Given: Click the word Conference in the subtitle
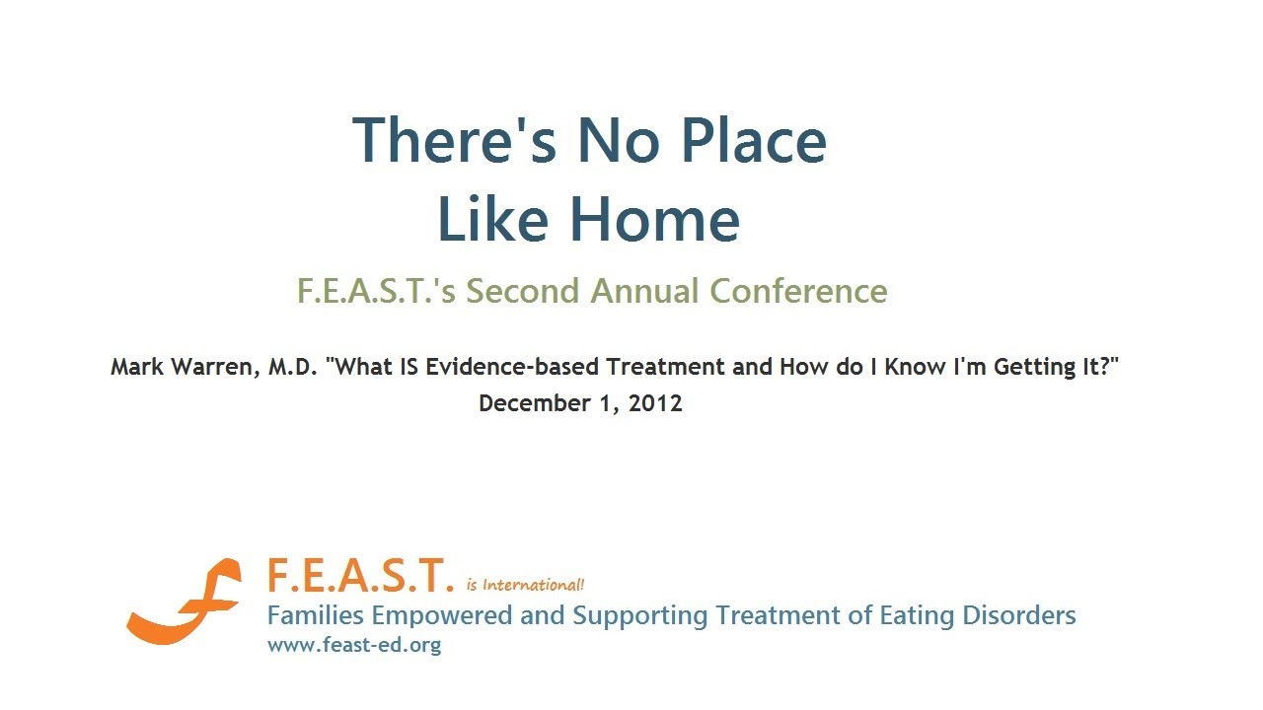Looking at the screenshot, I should coord(798,291).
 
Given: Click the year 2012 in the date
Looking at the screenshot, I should coord(655,403).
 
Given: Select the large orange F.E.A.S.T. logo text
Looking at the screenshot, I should coord(361,576).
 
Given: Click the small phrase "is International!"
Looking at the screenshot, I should coord(525,585).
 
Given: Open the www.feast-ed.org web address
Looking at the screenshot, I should coord(354,646).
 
